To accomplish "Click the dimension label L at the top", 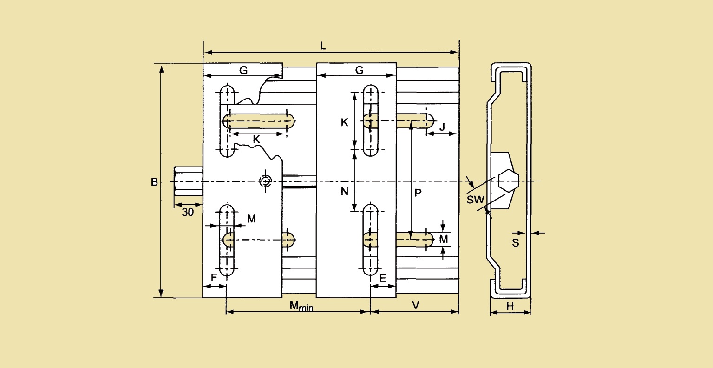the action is pyautogui.click(x=323, y=46).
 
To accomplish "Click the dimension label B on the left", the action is pyautogui.click(x=154, y=182).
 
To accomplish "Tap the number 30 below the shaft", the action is pyautogui.click(x=188, y=213).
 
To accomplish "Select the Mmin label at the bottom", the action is pyautogui.click(x=301, y=306).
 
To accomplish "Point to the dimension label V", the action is pyautogui.click(x=416, y=305).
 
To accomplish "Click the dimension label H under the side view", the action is pyautogui.click(x=510, y=306).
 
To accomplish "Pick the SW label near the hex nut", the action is pyautogui.click(x=476, y=200).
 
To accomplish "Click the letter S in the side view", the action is pyautogui.click(x=516, y=243).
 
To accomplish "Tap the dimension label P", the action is pyautogui.click(x=418, y=193).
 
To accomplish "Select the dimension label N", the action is pyautogui.click(x=344, y=191).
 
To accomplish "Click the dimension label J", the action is pyautogui.click(x=442, y=127).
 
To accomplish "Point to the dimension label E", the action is pyautogui.click(x=383, y=278).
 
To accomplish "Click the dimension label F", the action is pyautogui.click(x=214, y=278).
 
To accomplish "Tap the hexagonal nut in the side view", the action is pyautogui.click(x=509, y=181).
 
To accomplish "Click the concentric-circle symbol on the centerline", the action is pyautogui.click(x=266, y=181).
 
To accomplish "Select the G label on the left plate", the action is pyautogui.click(x=243, y=70).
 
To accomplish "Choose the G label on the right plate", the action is pyautogui.click(x=360, y=70).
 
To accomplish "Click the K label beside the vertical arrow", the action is pyautogui.click(x=344, y=122).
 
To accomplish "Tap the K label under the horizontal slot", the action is pyautogui.click(x=256, y=140).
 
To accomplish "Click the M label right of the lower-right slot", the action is pyautogui.click(x=444, y=239).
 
